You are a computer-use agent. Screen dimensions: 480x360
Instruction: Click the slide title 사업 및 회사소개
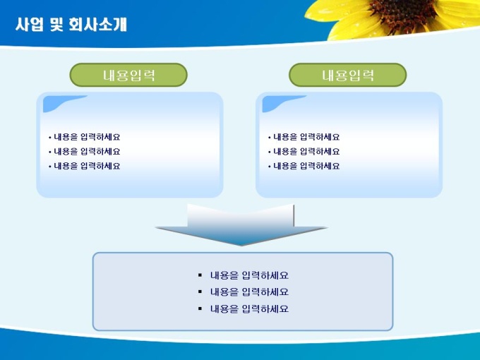[71, 25]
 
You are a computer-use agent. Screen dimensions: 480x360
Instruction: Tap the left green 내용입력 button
[128, 75]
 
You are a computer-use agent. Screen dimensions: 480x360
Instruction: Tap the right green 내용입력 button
[348, 75]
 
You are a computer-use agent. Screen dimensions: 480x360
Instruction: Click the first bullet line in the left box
[85, 137]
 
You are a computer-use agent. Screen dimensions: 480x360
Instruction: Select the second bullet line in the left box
[85, 151]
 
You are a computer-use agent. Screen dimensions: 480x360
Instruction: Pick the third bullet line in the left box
[85, 166]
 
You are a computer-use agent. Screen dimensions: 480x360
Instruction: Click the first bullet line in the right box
[304, 137]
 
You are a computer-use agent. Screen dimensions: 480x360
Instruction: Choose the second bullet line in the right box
[304, 151]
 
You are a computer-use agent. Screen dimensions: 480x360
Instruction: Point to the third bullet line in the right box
[304, 166]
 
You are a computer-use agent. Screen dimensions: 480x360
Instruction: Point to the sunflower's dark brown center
[404, 14]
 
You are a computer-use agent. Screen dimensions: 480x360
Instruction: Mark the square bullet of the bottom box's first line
[200, 275]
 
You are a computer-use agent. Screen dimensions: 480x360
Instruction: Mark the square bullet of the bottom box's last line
[200, 308]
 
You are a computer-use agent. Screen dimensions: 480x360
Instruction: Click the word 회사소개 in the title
[98, 25]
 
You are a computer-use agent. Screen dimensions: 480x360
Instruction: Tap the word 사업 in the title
[30, 25]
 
